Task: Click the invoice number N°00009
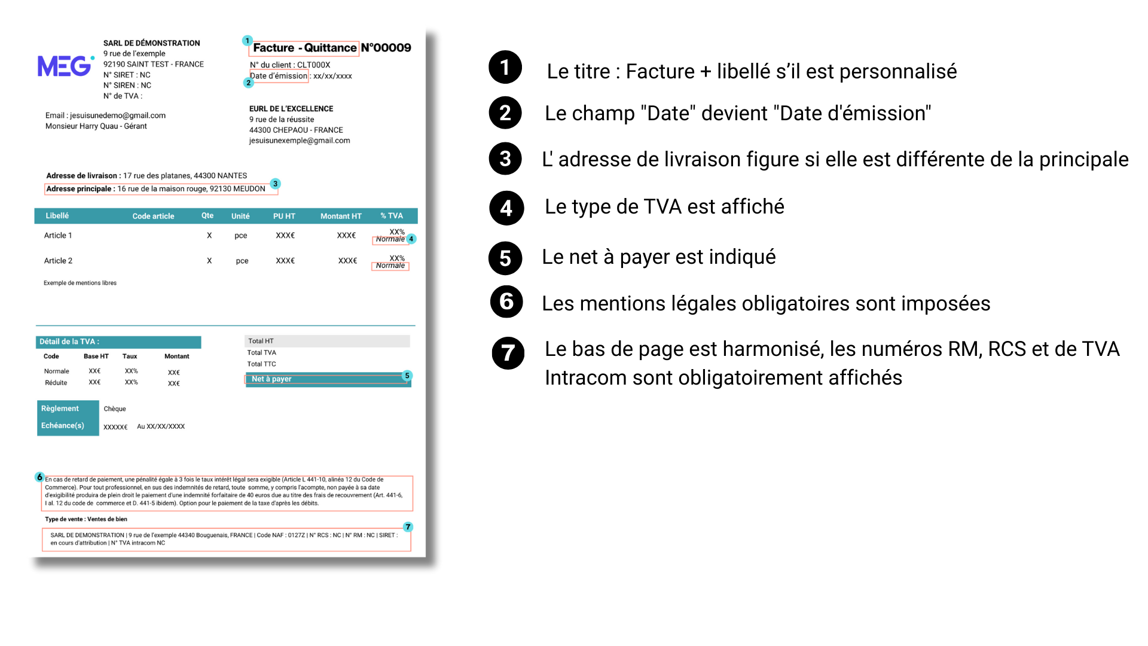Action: click(386, 48)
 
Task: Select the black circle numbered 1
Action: click(505, 67)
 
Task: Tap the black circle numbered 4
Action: click(506, 208)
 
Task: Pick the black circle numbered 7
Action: click(508, 353)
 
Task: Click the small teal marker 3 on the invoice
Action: click(275, 184)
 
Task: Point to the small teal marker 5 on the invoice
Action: click(407, 376)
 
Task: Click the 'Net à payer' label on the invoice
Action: click(271, 379)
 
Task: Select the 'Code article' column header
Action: click(153, 216)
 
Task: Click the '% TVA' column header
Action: click(392, 216)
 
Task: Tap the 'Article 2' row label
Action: click(58, 261)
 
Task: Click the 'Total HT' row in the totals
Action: click(261, 341)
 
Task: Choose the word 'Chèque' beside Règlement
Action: click(115, 409)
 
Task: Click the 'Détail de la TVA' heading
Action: click(69, 342)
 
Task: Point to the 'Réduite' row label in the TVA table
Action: click(56, 383)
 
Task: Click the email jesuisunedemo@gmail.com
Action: click(117, 115)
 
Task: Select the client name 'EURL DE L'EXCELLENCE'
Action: click(291, 109)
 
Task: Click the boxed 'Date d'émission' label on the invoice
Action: click(279, 76)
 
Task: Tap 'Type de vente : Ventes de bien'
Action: click(86, 519)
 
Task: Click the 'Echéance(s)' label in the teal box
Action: click(62, 426)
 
